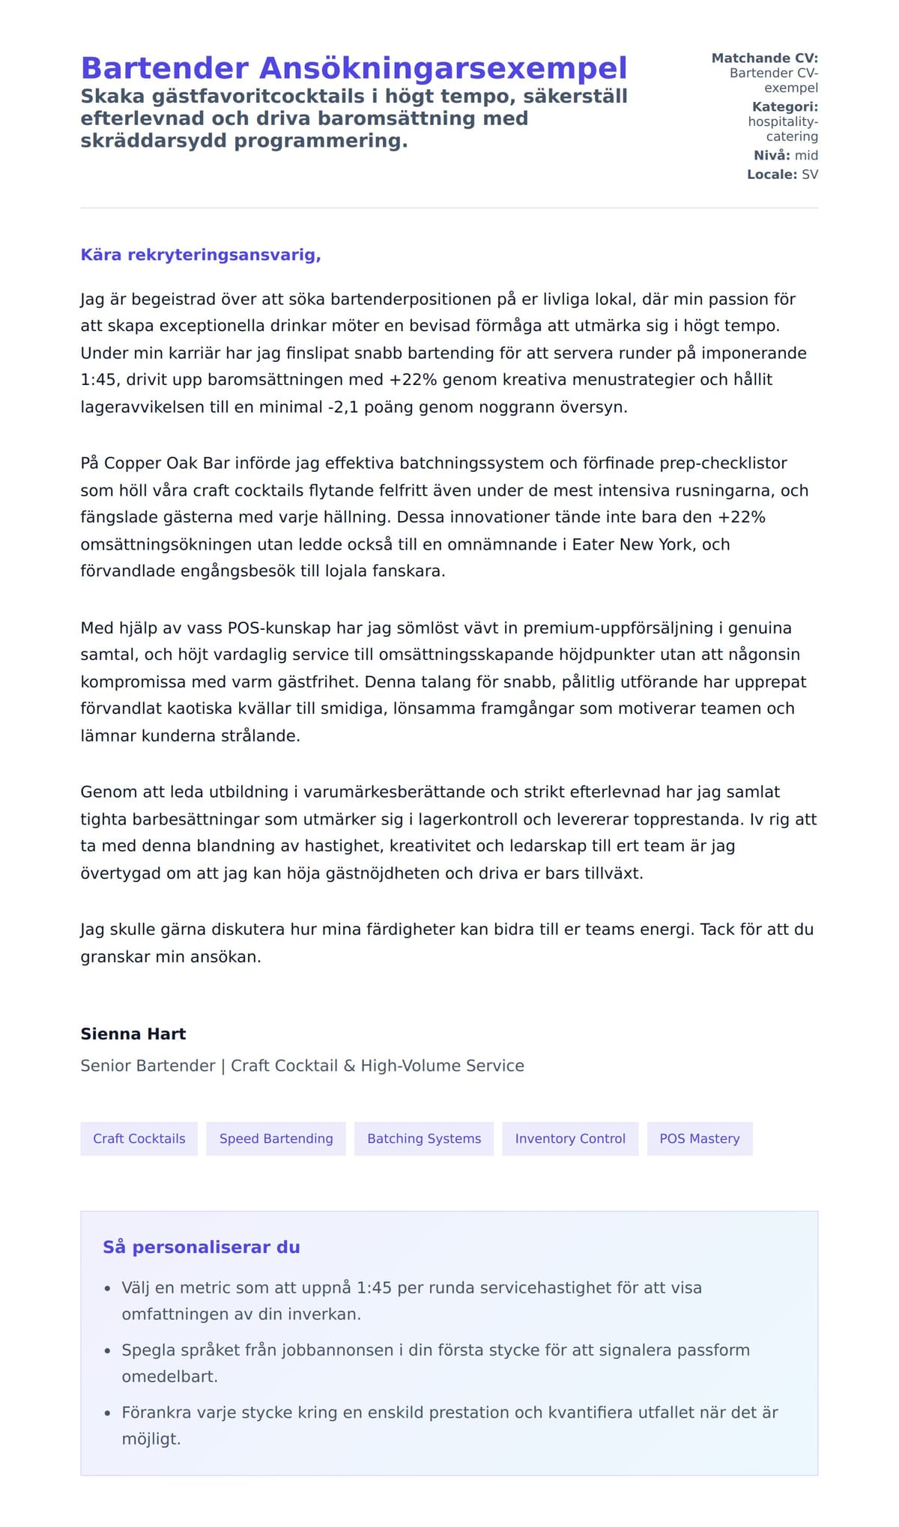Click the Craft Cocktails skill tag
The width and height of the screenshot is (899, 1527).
(x=139, y=1138)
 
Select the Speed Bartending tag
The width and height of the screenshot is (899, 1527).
(x=276, y=1138)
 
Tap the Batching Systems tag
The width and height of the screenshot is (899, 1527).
(x=424, y=1138)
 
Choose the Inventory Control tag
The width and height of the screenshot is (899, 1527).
(x=570, y=1138)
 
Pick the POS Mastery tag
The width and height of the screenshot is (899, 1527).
(x=699, y=1138)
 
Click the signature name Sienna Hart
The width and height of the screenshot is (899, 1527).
(x=133, y=1033)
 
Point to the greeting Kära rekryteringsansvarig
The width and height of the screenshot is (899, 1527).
(x=201, y=255)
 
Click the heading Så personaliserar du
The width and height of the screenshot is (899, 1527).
(x=201, y=1247)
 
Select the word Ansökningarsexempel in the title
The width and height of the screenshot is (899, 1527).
(x=443, y=68)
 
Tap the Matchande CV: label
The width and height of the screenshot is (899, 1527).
(x=764, y=58)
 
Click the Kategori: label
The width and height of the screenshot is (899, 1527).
(x=784, y=106)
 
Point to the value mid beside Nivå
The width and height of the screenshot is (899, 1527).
(x=806, y=155)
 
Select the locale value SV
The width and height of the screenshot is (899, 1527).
(x=810, y=174)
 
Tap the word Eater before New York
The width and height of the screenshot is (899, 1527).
(x=593, y=544)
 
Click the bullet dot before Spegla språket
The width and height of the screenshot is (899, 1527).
(x=106, y=1351)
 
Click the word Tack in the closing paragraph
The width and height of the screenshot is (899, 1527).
(x=717, y=929)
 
